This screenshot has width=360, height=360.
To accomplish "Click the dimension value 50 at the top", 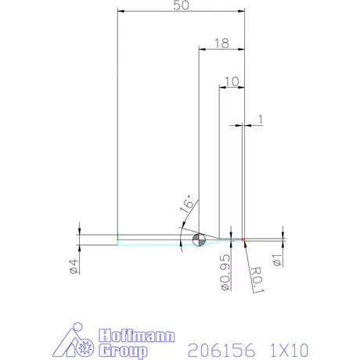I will tap(182, 6).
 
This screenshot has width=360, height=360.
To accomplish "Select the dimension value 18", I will tap(221, 45).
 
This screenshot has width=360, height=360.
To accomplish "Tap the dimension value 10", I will tap(231, 81).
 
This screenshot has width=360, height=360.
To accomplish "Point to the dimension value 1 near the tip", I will tap(260, 119).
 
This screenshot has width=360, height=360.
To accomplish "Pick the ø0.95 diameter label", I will tap(225, 273).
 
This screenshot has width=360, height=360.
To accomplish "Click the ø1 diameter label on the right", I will tap(276, 259).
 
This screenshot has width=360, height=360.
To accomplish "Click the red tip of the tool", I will tap(244, 238).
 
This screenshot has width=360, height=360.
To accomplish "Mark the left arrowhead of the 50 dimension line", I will tap(120, 12).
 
